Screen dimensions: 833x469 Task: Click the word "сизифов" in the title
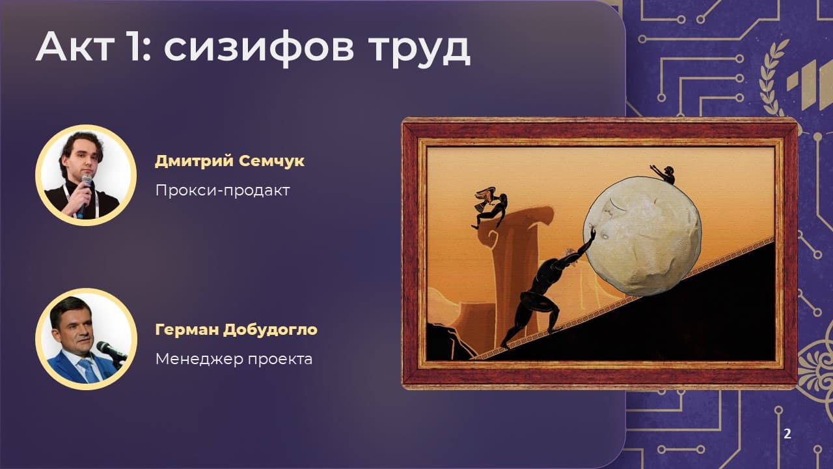point(259,48)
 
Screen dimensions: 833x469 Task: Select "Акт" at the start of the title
point(75,46)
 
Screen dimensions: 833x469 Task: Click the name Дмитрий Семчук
point(230,161)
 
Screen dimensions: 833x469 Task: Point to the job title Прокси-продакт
point(223,190)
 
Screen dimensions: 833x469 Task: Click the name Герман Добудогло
point(236,330)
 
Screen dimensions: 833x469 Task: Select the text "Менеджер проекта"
point(234,359)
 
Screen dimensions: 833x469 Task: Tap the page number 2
point(787,434)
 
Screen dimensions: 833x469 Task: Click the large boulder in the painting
point(642,236)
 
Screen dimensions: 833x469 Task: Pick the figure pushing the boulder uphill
point(547,291)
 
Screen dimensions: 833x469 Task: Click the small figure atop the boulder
point(664,174)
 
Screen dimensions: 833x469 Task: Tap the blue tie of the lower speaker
point(89,370)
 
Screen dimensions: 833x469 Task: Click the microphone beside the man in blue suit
point(111,351)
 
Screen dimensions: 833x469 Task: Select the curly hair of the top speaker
point(83,147)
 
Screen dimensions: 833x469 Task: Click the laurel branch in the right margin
point(772,78)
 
